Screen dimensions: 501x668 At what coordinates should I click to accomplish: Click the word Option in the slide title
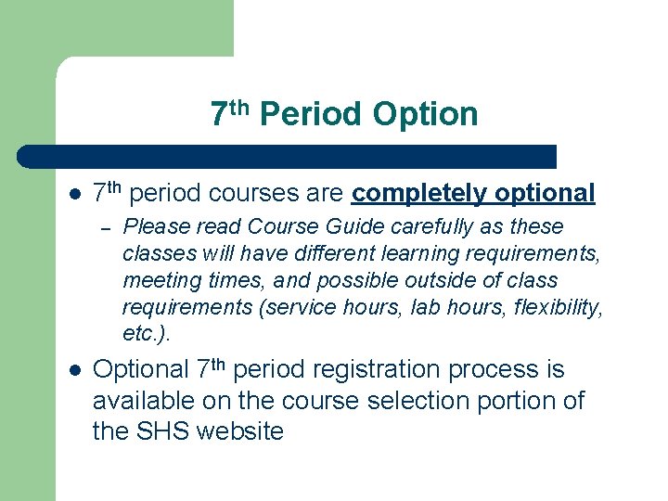click(x=424, y=114)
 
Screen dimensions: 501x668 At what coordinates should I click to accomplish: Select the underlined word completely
click(x=420, y=193)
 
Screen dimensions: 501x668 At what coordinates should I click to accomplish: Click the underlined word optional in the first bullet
click(x=545, y=193)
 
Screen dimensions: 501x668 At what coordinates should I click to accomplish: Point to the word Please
click(x=154, y=227)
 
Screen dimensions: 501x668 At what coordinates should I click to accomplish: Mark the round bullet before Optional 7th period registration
click(x=75, y=371)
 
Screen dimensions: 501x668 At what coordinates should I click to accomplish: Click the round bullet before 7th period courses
click(x=75, y=195)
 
